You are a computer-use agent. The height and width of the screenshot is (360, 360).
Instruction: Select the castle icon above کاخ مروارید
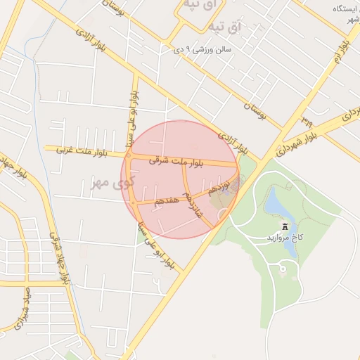pos(285,226)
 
